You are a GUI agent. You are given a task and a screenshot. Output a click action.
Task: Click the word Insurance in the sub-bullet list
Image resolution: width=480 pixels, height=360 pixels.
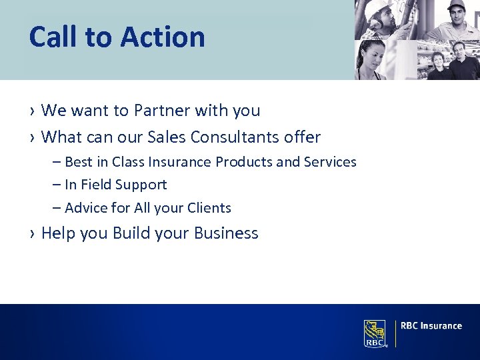click(174, 162)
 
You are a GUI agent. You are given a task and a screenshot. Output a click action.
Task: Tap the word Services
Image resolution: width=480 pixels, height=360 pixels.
click(330, 162)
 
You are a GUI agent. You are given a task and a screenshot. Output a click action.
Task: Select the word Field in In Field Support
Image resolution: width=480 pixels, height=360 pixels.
click(96, 185)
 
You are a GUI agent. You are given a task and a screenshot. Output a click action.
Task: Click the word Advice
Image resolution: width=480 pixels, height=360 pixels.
click(86, 208)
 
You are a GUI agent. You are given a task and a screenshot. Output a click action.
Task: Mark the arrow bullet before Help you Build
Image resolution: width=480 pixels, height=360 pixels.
click(32, 234)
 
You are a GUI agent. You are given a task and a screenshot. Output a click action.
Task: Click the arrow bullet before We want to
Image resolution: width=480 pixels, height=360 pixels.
click(32, 111)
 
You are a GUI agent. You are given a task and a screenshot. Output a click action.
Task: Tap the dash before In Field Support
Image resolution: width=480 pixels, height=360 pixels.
click(57, 185)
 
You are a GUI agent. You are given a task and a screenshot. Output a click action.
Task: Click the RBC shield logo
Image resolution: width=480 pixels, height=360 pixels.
click(375, 333)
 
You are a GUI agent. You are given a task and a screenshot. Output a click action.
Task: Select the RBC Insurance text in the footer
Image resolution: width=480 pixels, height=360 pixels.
click(431, 326)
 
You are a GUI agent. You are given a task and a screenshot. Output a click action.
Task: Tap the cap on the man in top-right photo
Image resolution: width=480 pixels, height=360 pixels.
click(456, 5)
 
